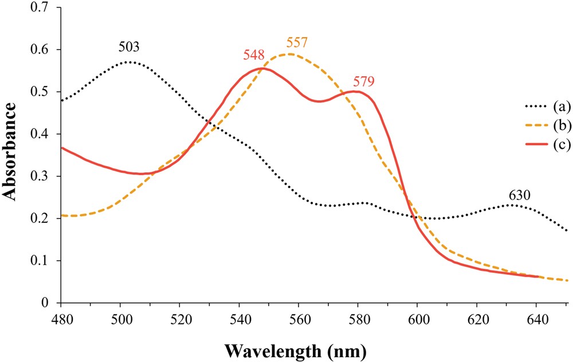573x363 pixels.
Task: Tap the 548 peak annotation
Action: [x=254, y=56]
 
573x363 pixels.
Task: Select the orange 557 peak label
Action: [x=297, y=42]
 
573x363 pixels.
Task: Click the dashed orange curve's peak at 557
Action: [x=289, y=54]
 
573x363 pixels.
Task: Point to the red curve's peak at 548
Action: [x=262, y=68]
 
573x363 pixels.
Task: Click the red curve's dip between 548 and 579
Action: [x=319, y=101]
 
